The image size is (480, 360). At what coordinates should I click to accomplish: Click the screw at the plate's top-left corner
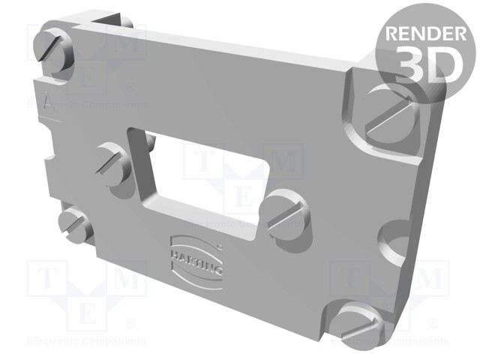click(x=55, y=49)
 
